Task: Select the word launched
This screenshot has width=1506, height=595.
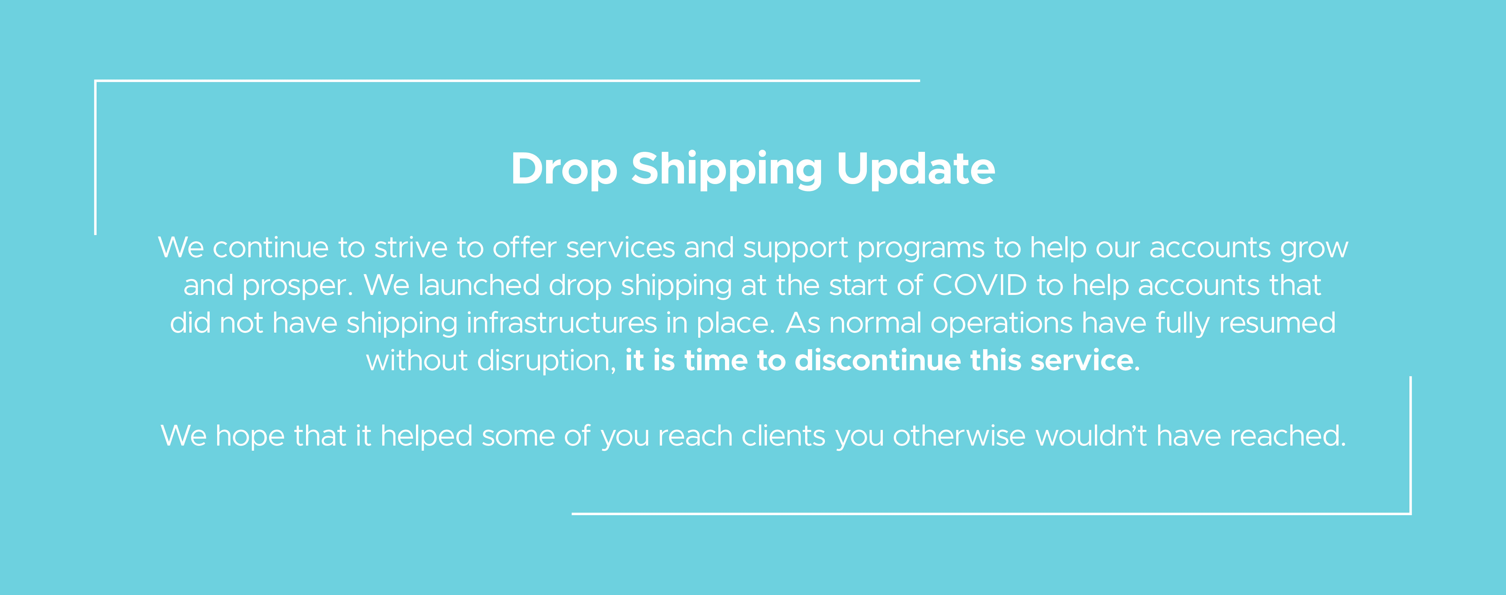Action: [x=479, y=285]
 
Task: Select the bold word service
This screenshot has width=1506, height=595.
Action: [x=1082, y=360]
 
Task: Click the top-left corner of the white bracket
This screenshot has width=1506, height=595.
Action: [x=95, y=81]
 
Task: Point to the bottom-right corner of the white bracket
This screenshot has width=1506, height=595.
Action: [x=1411, y=514]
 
